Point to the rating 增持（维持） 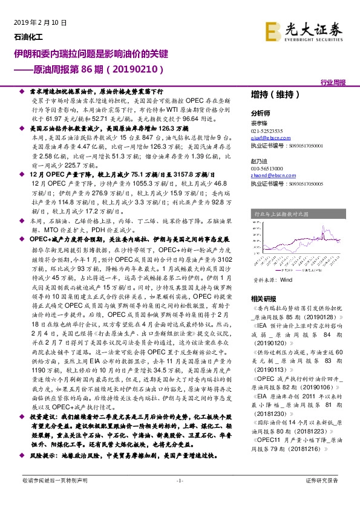[275, 94]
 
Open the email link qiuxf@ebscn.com [268, 138]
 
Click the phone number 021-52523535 [269, 131]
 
